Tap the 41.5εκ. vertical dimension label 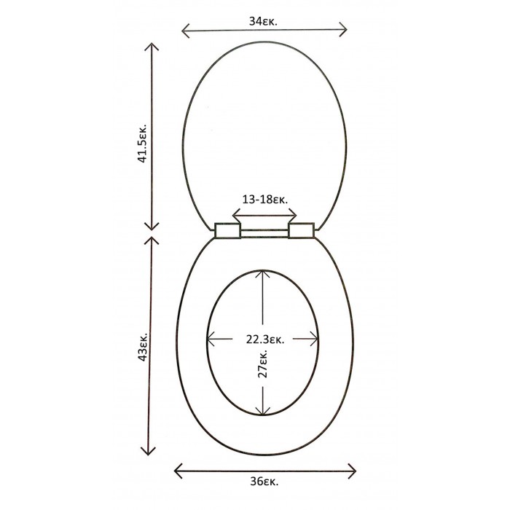(x=143, y=143)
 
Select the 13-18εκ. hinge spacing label (x=264, y=199)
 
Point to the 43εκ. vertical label (x=143, y=347)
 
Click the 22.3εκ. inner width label (x=265, y=340)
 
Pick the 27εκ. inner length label (x=262, y=364)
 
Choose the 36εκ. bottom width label (x=264, y=482)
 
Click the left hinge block (x=227, y=230)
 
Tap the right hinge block (x=302, y=230)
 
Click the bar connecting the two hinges (x=264, y=233)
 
